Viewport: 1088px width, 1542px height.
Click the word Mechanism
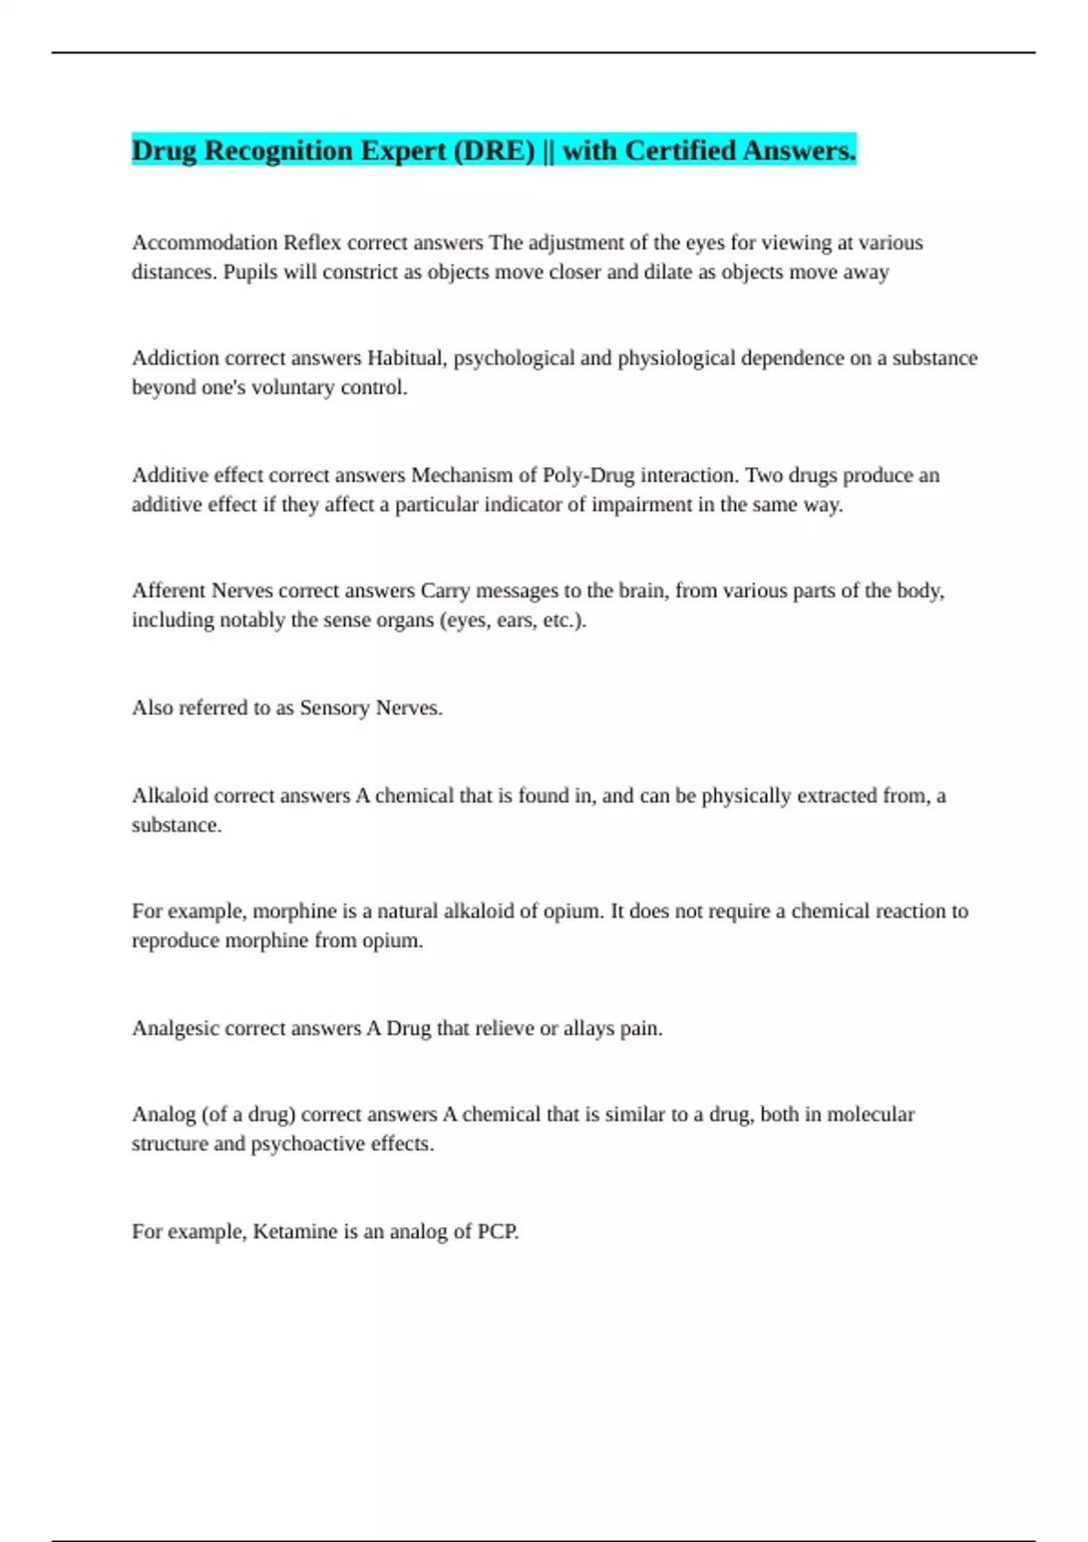pos(461,475)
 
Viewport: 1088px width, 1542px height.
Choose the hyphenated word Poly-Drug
pos(588,475)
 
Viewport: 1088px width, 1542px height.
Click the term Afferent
pos(169,590)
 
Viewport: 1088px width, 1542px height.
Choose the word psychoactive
pos(307,1144)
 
